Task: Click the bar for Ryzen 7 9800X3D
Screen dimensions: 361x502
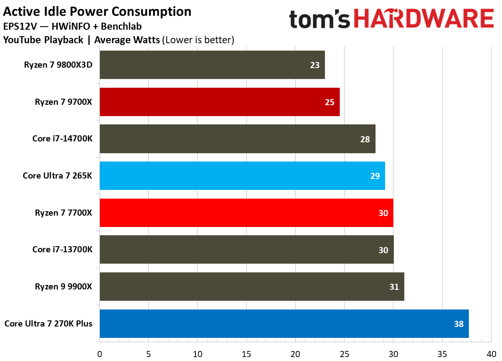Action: (212, 65)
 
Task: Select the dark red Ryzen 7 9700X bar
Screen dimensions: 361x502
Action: (219, 102)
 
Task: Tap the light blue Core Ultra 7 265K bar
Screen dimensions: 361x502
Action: (242, 176)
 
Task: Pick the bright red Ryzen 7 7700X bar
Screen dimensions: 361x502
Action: (246, 213)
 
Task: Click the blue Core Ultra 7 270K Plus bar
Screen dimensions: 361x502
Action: (284, 324)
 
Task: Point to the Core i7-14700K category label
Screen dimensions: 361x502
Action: (62, 139)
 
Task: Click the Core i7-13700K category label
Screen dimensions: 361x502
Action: (62, 250)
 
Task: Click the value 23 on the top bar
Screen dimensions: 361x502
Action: (314, 65)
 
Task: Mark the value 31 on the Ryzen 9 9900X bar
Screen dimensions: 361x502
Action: (393, 287)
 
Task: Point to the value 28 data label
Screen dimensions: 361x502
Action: (365, 139)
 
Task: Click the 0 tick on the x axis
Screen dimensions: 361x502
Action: (100, 353)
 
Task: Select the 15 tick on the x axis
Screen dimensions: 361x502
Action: (246, 353)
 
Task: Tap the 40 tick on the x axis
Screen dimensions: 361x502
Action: (491, 353)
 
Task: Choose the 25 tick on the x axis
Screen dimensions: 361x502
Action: (345, 353)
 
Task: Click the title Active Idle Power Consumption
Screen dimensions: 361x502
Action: (97, 11)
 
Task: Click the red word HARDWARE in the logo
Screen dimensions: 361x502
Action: (423, 20)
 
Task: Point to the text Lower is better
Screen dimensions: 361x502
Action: (198, 40)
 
